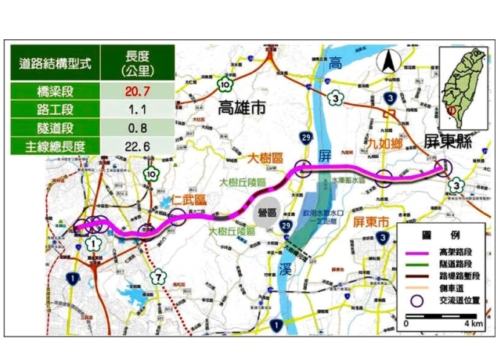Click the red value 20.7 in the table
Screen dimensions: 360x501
[137, 91]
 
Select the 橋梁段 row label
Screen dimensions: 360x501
[55, 91]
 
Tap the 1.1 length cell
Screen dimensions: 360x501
[137, 110]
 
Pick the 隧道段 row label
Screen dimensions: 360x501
[55, 128]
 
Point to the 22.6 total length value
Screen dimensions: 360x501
[137, 146]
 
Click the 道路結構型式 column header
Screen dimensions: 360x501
[55, 64]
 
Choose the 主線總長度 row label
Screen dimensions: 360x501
[55, 146]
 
